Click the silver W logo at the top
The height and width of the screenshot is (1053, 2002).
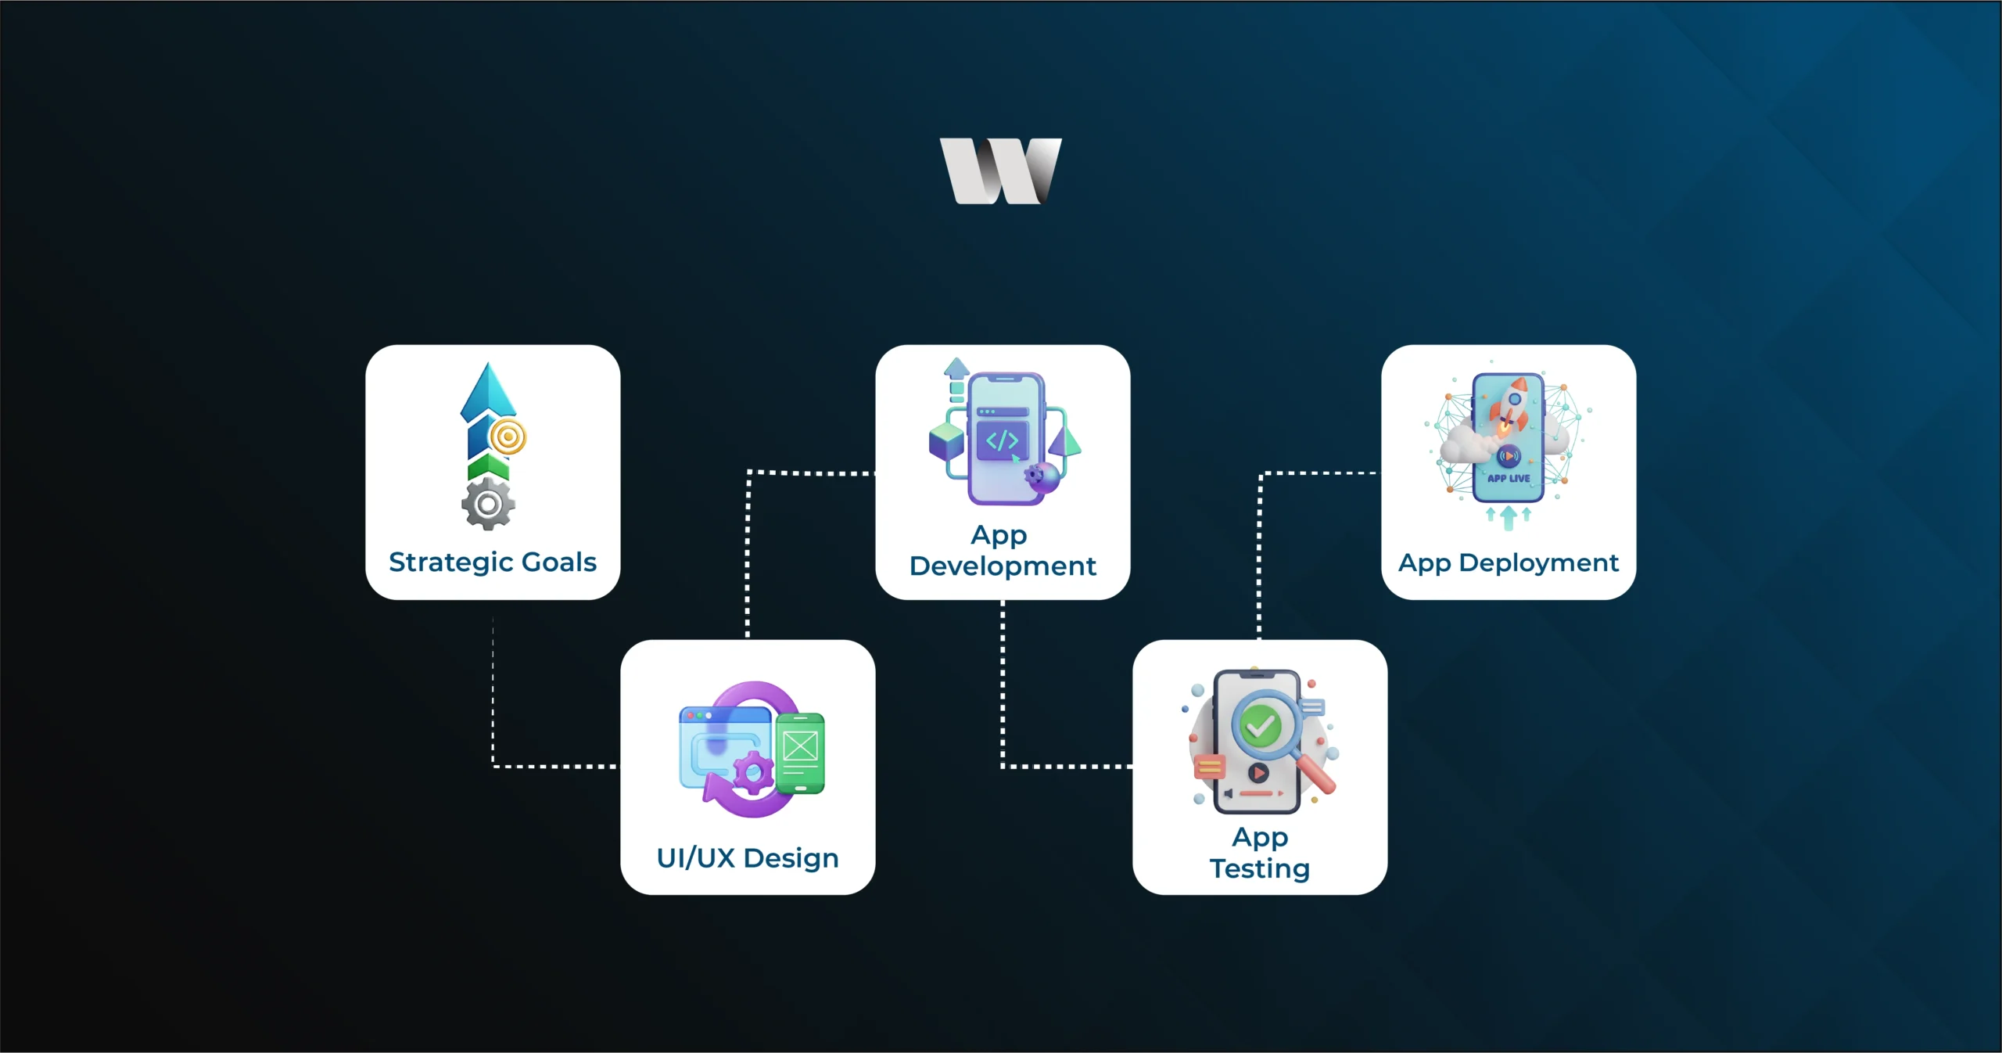pos(1000,171)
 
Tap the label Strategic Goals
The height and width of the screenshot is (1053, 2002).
pos(493,562)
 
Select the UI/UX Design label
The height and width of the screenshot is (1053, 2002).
pos(748,858)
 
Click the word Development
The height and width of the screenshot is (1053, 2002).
pos(1003,566)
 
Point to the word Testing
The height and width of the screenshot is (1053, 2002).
pos(1260,868)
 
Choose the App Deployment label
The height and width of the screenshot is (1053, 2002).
pos(1509,562)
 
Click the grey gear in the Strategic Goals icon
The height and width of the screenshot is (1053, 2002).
pos(488,505)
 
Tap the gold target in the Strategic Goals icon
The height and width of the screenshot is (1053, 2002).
pos(508,437)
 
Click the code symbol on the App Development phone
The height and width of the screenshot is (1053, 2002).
pos(1002,440)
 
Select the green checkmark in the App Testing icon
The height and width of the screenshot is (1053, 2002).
pos(1261,726)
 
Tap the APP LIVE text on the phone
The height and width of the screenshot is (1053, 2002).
pos(1509,478)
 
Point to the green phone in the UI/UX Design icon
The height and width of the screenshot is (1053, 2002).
pos(800,753)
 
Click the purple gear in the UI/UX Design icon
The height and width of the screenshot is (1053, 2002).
pos(753,773)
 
